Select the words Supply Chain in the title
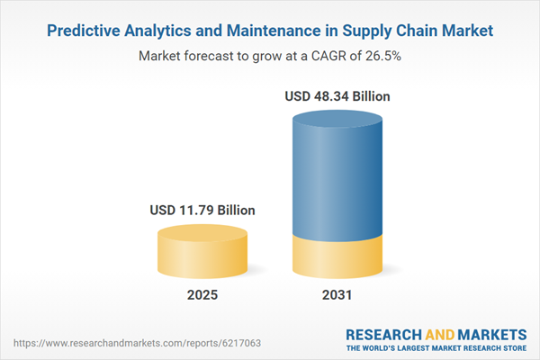(x=394, y=30)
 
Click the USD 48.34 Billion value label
(x=338, y=96)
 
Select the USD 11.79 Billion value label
(x=202, y=210)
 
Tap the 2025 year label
(x=202, y=295)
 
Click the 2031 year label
(x=338, y=295)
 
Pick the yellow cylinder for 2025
(x=202, y=256)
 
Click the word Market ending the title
(x=466, y=30)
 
